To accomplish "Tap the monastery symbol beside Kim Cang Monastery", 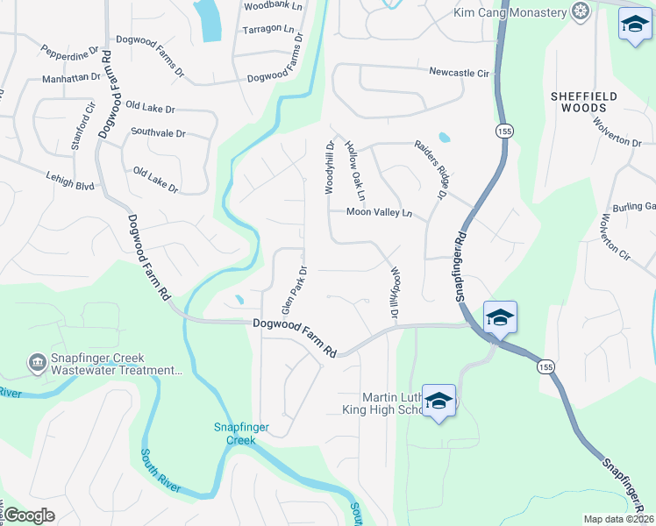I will (x=579, y=11).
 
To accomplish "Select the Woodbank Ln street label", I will (x=272, y=6).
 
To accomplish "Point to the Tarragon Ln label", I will (x=269, y=28).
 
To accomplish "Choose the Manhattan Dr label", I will (x=71, y=78).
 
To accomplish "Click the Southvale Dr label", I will (x=158, y=133).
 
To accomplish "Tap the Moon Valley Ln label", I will (x=379, y=212).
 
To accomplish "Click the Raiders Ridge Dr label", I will (x=431, y=167).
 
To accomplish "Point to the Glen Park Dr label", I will (x=294, y=290).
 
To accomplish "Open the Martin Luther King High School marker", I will (x=439, y=402).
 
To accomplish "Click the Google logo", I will (x=30, y=515).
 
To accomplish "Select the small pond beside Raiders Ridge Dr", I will (x=444, y=138).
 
